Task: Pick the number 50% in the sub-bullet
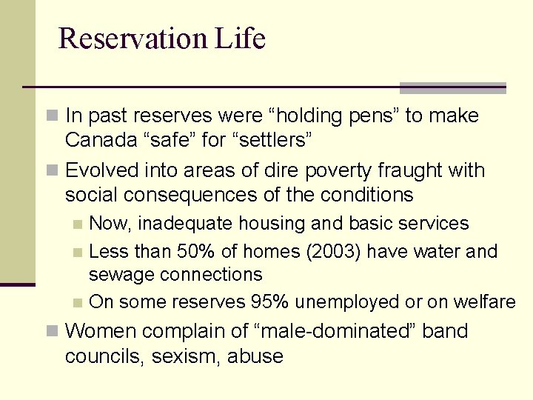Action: (x=187, y=252)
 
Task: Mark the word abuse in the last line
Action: (x=255, y=356)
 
